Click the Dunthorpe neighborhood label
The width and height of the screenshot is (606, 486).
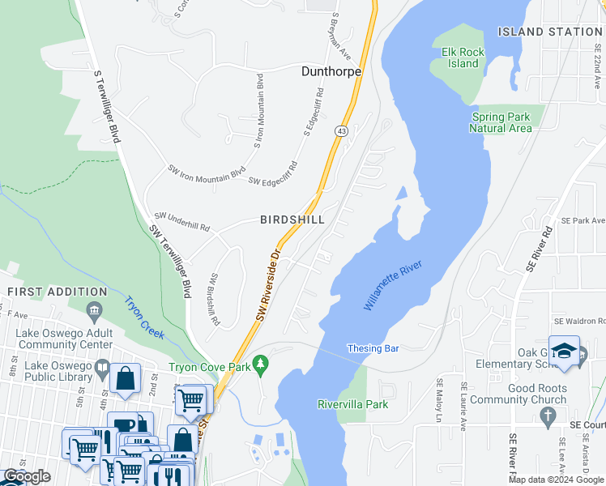click(x=331, y=71)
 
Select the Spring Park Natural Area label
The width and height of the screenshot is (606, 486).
click(x=501, y=122)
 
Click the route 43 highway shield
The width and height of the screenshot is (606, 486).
click(x=342, y=130)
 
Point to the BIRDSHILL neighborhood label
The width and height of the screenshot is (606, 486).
click(x=292, y=220)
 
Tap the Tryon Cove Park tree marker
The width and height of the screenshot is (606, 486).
click(x=260, y=366)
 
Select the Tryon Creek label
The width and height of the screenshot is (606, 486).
click(x=143, y=318)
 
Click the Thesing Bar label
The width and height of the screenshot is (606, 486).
click(x=373, y=349)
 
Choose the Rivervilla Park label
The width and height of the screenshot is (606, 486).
click(x=352, y=404)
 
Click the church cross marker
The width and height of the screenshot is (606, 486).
click(x=548, y=417)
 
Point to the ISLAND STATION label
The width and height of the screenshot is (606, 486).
click(x=550, y=32)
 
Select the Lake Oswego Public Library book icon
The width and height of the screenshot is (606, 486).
click(x=101, y=370)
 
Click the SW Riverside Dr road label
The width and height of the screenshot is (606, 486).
click(x=269, y=286)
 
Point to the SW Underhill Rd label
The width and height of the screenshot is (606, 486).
click(x=182, y=222)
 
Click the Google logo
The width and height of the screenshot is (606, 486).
click(x=27, y=476)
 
